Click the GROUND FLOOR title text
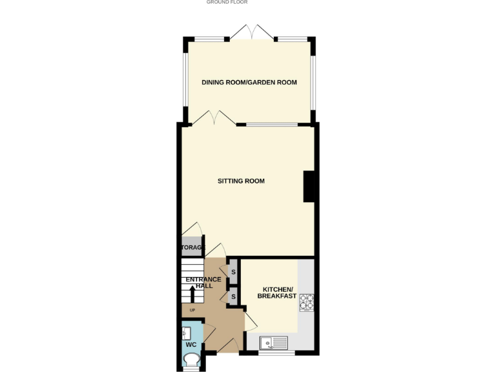point(227,3)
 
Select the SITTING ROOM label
point(241,181)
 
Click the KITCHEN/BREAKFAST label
point(279,292)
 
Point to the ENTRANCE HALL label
point(203,283)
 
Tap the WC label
point(191,345)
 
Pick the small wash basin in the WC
point(186,333)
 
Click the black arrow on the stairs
point(191,294)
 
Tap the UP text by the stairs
point(192,311)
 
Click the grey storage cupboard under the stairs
point(192,248)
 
